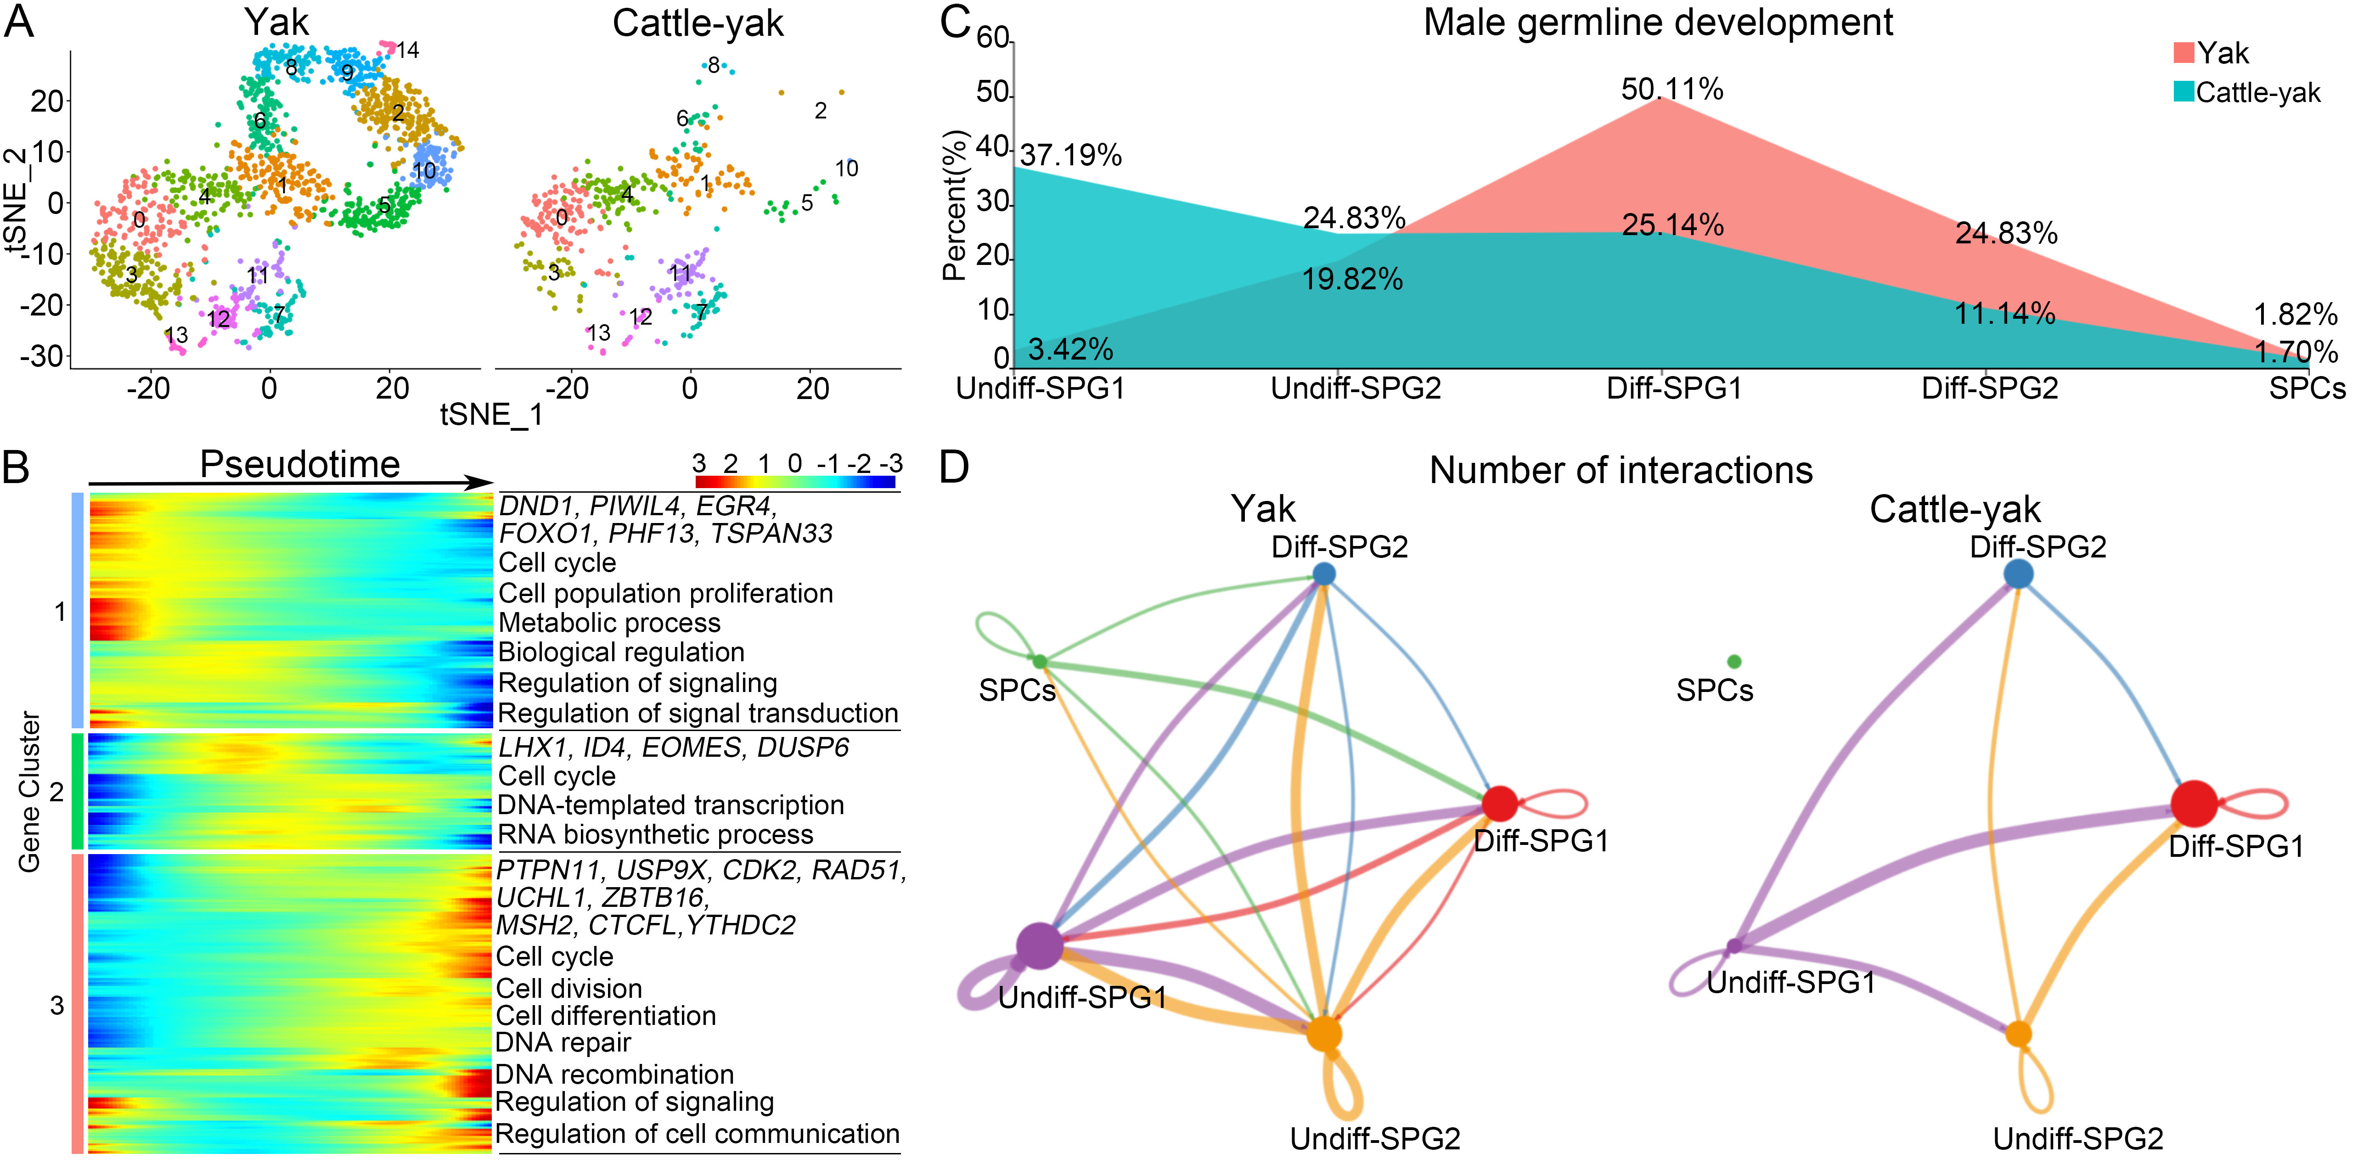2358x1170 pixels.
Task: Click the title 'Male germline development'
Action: coord(1658,23)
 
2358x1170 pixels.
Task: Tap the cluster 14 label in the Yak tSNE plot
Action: coord(407,51)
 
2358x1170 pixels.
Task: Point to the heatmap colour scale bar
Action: coord(794,482)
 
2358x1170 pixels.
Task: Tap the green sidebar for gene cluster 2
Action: coord(78,791)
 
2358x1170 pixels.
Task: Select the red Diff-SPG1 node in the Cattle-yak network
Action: coord(2194,804)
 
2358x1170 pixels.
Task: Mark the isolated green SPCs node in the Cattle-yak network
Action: coord(1734,661)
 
